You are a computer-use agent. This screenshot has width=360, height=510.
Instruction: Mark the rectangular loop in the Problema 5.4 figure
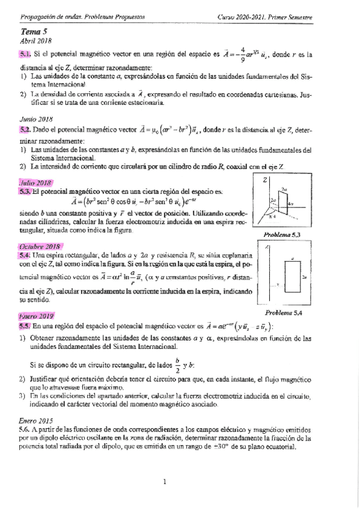click(292, 278)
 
